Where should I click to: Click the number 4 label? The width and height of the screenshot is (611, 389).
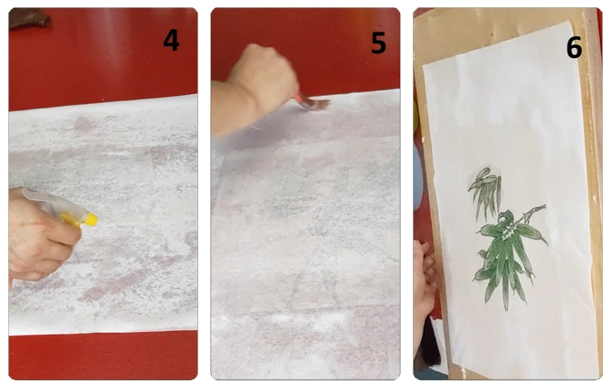tap(171, 40)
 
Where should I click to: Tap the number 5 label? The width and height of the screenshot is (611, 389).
tap(378, 43)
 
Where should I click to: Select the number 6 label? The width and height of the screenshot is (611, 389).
tap(574, 48)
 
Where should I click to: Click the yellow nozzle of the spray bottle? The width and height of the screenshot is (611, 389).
tap(91, 219)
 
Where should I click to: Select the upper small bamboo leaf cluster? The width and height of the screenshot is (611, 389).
tap(485, 192)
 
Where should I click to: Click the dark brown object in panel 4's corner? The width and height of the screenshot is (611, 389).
tap(29, 18)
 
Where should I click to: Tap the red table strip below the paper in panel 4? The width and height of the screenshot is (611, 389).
tap(103, 355)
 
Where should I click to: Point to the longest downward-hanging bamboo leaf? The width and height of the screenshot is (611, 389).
tap(505, 280)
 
